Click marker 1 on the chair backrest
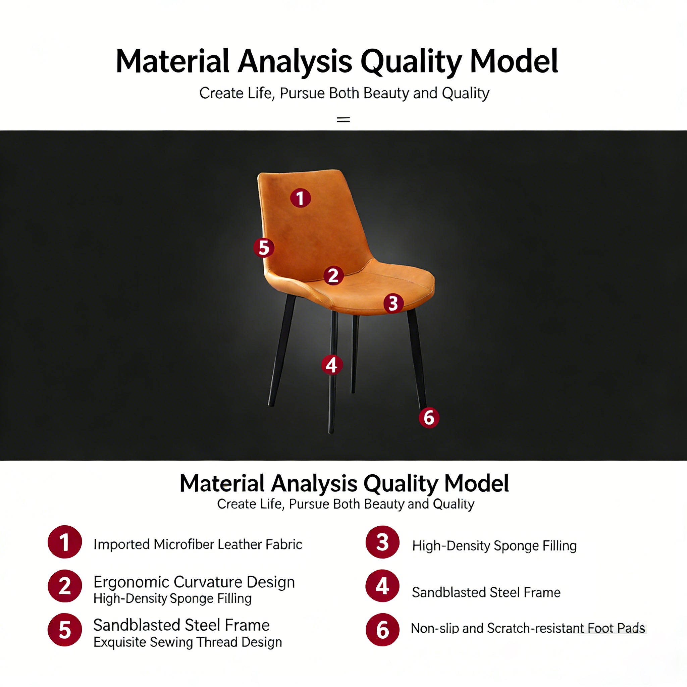tap(301, 198)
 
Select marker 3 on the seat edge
tap(393, 303)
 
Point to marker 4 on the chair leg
tap(332, 365)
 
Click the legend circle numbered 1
tap(65, 542)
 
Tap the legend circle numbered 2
tap(65, 586)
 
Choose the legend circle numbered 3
tap(383, 542)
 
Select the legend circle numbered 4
tap(383, 586)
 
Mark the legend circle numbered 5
tap(65, 630)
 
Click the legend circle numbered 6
tap(383, 630)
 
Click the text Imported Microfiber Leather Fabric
tap(198, 544)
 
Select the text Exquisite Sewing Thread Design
tap(188, 642)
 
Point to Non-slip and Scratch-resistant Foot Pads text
tap(528, 628)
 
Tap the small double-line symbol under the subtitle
tap(343, 119)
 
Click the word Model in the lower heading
tap(476, 484)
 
